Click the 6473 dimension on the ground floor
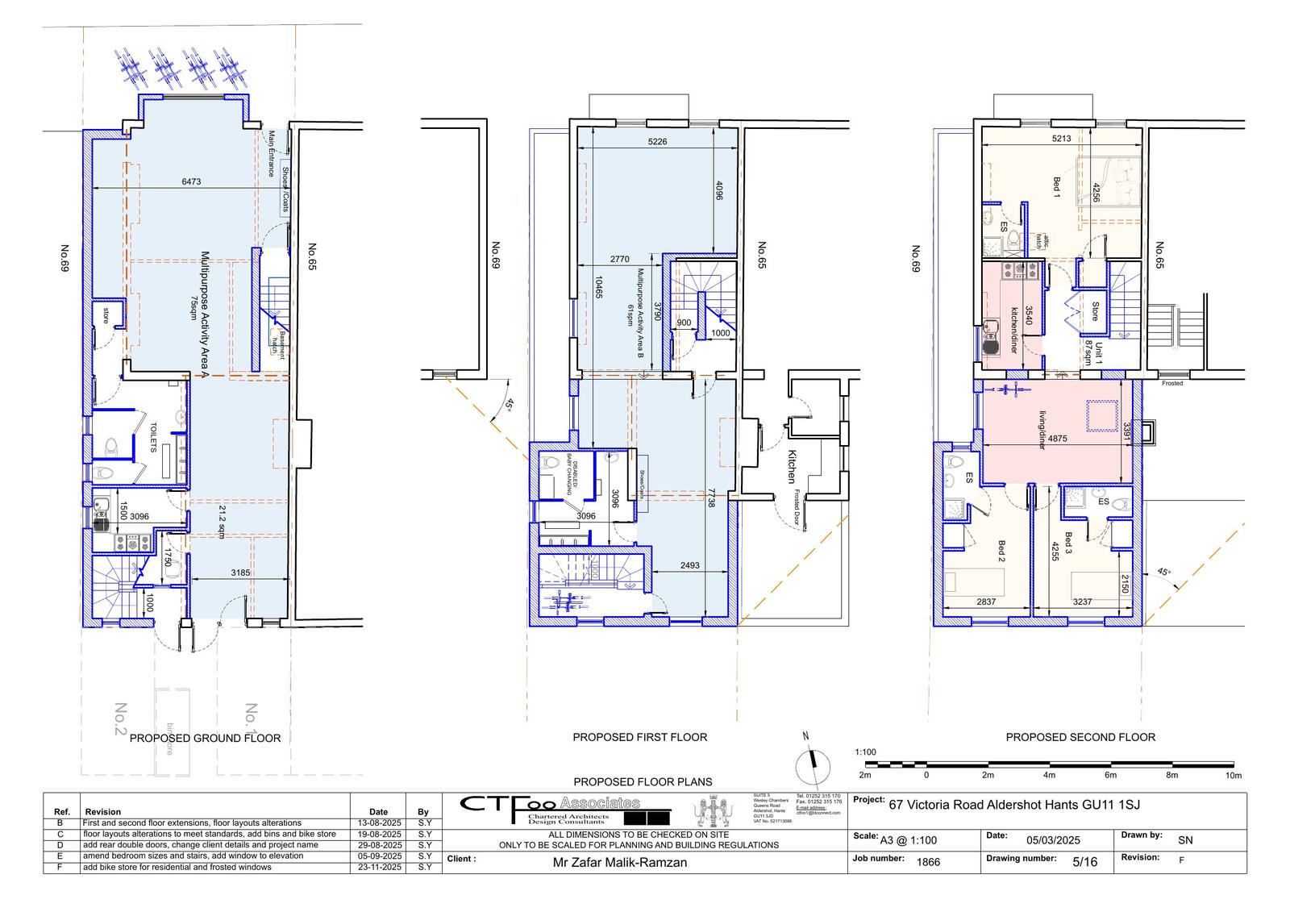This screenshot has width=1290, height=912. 191,182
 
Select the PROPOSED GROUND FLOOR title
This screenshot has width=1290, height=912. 205,738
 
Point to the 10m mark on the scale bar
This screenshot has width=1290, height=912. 1233,775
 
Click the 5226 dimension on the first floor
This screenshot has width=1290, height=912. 657,142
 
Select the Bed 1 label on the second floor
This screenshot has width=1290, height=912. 1056,185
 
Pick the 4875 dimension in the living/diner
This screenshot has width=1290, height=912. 1057,439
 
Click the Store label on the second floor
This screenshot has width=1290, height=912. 1095,311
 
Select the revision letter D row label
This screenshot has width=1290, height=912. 60,845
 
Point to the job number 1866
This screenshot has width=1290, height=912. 928,861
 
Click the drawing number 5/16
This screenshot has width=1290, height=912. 1084,861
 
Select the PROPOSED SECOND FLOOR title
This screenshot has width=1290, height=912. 1080,737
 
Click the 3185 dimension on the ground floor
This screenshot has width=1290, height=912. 240,573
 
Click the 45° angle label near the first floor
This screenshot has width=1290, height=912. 508,405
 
